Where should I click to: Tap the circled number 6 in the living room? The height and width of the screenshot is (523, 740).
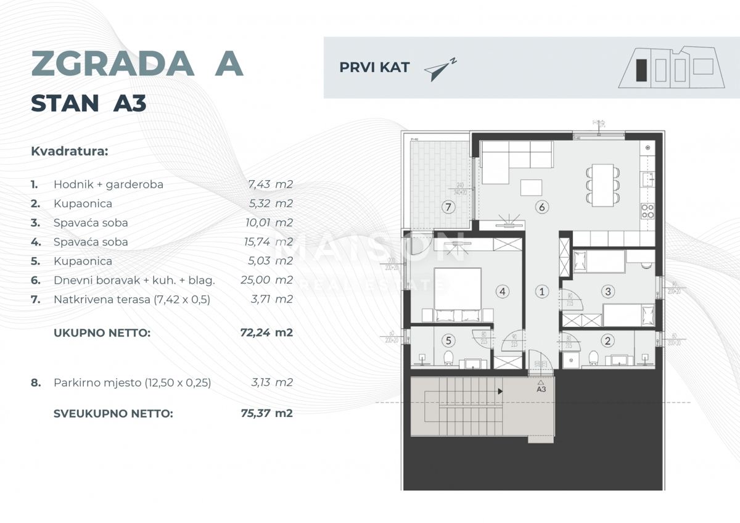click(x=541, y=207)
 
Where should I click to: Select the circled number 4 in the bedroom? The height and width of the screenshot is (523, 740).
click(x=503, y=291)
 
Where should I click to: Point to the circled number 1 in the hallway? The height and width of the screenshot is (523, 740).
click(x=541, y=291)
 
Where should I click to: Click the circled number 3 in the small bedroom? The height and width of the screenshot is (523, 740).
click(x=607, y=291)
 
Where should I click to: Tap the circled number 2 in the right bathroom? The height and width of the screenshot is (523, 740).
click(x=607, y=340)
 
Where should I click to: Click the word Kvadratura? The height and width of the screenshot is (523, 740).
click(x=69, y=150)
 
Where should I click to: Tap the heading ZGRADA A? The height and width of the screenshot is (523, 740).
click(x=137, y=63)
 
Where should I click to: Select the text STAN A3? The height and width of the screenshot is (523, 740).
click(x=88, y=104)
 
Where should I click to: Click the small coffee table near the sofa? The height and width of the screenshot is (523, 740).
click(x=532, y=187)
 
